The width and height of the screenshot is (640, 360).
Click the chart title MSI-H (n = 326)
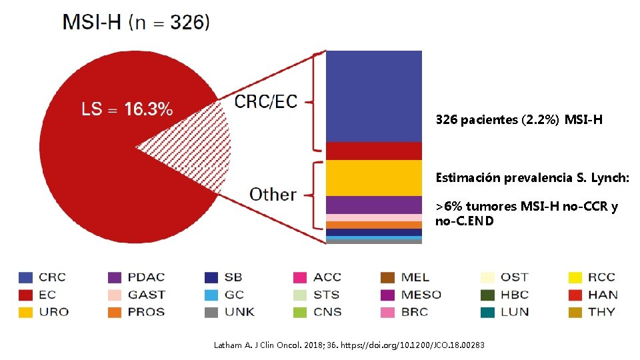coord(136,22)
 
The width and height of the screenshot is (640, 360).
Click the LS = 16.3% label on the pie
coord(127,109)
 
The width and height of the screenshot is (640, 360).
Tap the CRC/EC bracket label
coord(266,101)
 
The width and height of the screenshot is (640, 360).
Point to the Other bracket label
coord(273,195)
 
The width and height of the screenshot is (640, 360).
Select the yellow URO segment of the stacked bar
coord(373,178)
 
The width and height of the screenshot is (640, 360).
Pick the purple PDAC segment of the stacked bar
coord(373,205)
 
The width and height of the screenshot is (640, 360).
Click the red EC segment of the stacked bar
coord(373,151)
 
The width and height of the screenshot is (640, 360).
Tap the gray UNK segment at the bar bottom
coord(373,242)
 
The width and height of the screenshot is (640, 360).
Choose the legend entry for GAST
coord(137,295)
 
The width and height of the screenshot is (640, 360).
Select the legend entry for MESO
coord(411,295)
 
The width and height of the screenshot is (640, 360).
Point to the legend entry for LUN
coord(504,312)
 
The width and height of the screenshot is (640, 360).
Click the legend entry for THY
coord(591,312)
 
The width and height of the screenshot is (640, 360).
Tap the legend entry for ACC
coord(317,277)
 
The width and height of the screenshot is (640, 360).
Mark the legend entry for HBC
coord(504,295)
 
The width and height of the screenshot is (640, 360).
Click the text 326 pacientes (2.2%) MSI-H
coord(519,120)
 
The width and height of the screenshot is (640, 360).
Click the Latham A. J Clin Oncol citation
coord(349,345)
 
